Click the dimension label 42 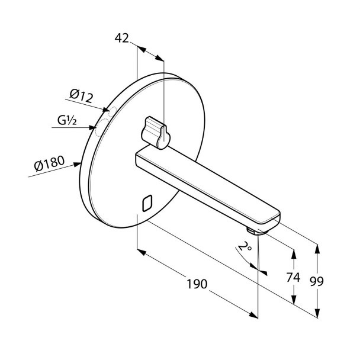[122, 38]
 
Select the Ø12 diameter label [81, 96]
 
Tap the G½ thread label [67, 121]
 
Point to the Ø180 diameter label [49, 163]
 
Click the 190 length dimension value [197, 284]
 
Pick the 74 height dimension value [293, 277]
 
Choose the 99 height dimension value [317, 281]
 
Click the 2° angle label [245, 246]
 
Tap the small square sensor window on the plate [147, 203]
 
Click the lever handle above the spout [156, 133]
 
